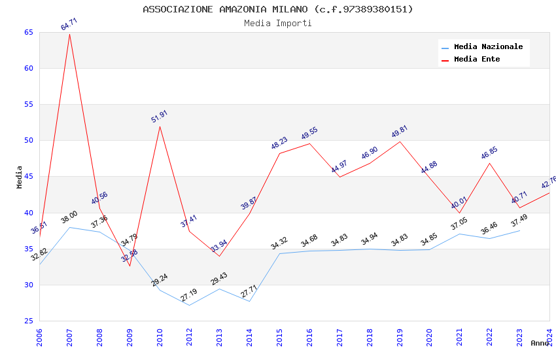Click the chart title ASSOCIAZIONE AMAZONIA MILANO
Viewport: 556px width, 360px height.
(x=278, y=9)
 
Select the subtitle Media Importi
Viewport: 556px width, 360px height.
(x=278, y=23)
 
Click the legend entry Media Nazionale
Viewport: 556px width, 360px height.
(x=488, y=47)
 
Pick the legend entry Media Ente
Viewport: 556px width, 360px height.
(x=477, y=60)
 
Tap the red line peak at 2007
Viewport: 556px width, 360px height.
(x=69, y=33)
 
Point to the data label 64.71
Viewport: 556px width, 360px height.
(x=69, y=24)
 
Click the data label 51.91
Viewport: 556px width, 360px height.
(x=160, y=117)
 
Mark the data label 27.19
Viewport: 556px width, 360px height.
(x=189, y=295)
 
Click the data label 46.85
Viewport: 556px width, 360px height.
(x=489, y=153)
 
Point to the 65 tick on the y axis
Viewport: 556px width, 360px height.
(x=27, y=33)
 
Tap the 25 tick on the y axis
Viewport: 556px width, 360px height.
(x=27, y=321)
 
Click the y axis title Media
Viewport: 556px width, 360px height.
(x=20, y=177)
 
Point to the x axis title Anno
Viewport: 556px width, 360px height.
(x=540, y=343)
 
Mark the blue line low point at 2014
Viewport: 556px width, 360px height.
(x=249, y=301)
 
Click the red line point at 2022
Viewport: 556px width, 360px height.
(x=489, y=162)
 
